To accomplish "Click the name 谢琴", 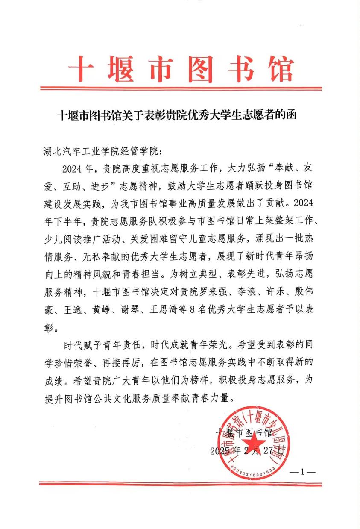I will coord(139,309).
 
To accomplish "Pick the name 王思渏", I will coord(175,309).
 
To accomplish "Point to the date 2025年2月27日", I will coord(247,450).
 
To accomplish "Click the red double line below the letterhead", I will coord(180,88).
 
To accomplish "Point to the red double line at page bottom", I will coord(180,483).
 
